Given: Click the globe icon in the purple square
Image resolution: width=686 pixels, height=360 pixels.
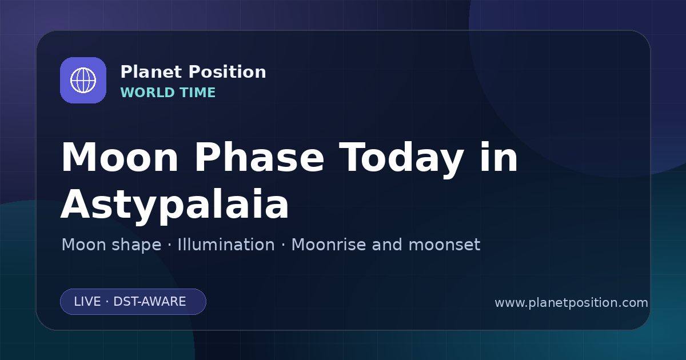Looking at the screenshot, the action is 83,80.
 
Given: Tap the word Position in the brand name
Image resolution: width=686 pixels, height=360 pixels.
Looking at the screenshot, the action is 228,72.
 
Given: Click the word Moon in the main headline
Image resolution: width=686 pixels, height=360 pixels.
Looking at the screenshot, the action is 119,158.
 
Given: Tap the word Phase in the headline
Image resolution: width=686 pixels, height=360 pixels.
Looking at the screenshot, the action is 260,157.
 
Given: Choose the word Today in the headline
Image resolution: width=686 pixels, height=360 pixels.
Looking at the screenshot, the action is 401,160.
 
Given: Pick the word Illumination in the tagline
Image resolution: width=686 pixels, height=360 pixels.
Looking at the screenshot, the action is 226,245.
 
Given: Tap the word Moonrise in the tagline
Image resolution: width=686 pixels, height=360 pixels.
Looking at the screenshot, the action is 328,245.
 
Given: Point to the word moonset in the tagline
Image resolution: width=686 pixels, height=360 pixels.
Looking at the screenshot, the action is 444,245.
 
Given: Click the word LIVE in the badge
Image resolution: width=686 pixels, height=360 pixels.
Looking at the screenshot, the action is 87,302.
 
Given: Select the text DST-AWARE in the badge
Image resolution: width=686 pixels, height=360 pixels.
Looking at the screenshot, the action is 149,302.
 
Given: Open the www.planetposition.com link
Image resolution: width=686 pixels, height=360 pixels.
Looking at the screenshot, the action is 571,303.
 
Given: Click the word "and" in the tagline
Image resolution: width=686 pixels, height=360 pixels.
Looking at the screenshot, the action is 386,245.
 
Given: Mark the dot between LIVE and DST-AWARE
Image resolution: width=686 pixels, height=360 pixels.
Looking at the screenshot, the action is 107,302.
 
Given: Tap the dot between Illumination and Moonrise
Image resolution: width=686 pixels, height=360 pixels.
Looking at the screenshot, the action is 283,245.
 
